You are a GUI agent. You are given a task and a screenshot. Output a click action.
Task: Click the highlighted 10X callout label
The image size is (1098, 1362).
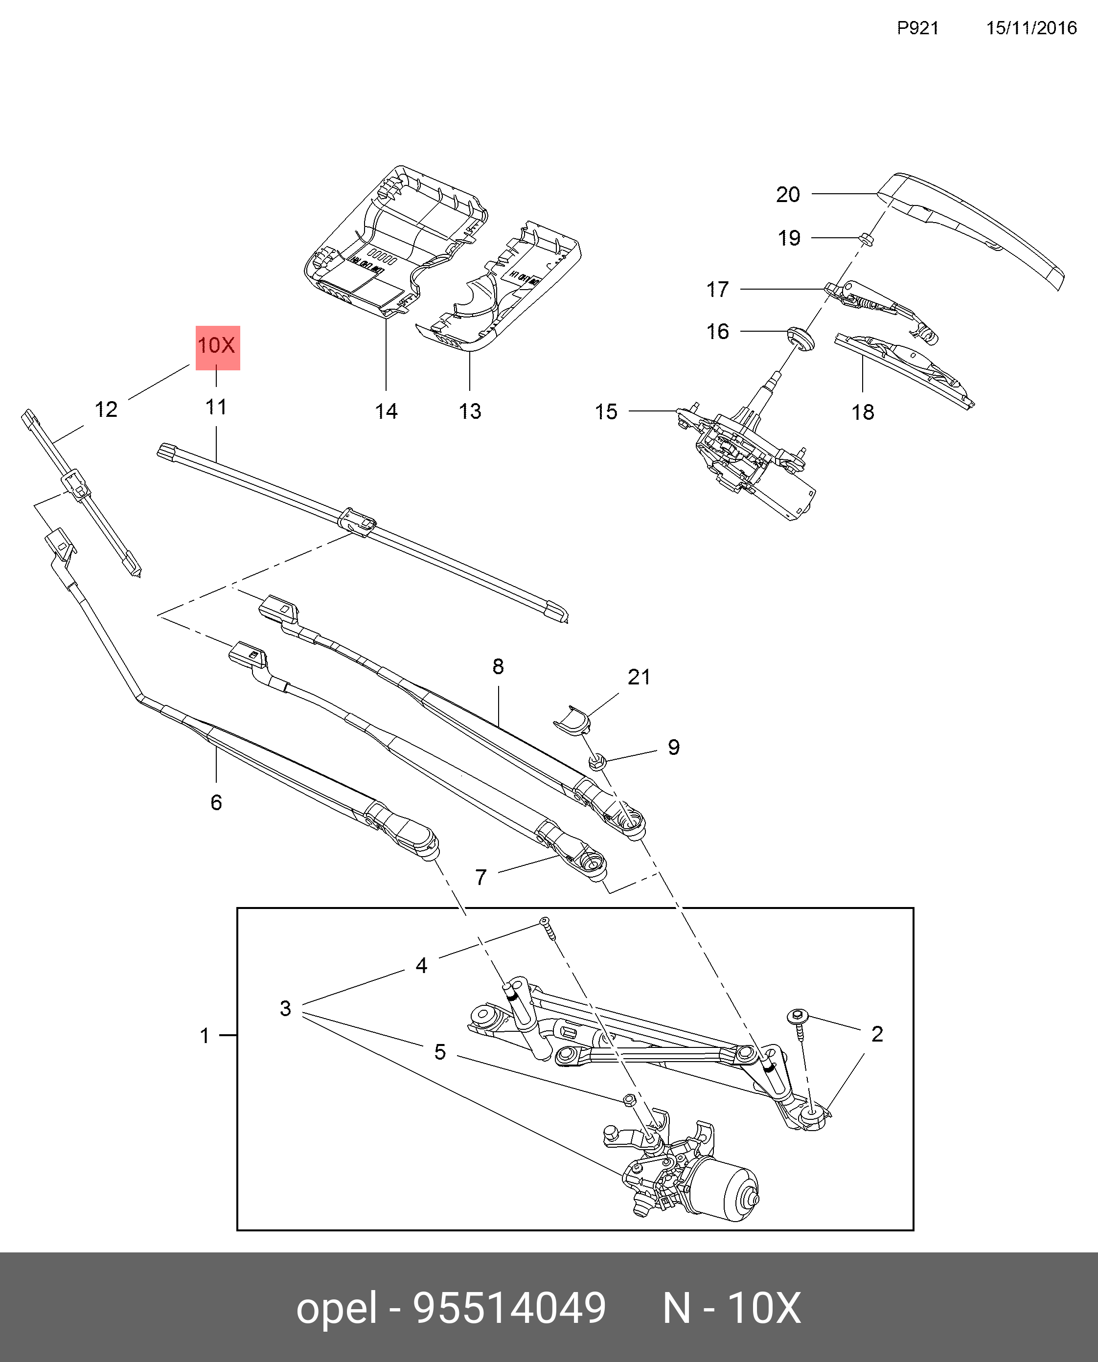(217, 346)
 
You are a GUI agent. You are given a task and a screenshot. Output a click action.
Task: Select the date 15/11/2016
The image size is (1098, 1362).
(1031, 28)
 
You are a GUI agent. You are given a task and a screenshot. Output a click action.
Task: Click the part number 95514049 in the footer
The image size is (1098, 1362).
(509, 1308)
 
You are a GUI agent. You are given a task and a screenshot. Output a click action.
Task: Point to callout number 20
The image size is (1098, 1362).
(788, 194)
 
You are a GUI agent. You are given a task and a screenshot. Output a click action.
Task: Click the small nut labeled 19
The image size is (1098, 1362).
(866, 239)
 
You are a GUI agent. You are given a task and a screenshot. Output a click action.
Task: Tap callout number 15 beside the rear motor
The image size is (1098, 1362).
(605, 411)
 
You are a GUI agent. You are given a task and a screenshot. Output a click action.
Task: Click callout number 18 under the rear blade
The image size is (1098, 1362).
(863, 412)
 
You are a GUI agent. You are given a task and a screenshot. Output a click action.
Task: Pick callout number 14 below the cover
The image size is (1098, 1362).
(386, 411)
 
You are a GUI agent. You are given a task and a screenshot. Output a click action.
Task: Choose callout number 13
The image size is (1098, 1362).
(470, 411)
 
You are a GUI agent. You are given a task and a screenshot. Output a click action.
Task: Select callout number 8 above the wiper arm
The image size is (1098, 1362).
(499, 666)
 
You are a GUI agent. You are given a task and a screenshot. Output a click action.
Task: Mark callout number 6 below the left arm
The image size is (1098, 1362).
(216, 802)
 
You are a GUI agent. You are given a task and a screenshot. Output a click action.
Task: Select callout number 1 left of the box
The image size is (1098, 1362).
(205, 1036)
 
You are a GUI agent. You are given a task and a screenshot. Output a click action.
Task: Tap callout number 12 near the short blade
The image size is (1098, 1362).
(106, 410)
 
